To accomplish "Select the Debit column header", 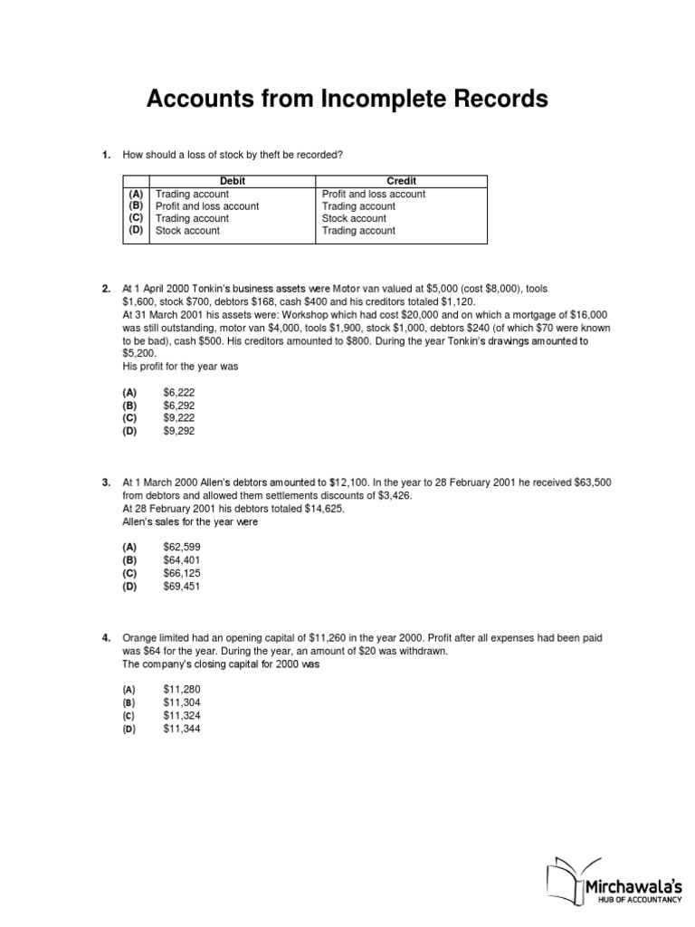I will tap(233, 181).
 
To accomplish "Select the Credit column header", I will tap(402, 181).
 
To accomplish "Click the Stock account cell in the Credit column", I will tap(354, 218).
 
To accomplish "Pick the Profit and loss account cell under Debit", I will tap(207, 206).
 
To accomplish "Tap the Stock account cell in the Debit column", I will tap(187, 231).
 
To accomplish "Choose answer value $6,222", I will tap(179, 393).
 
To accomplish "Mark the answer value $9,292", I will tap(179, 432).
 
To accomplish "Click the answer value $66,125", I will tap(182, 574).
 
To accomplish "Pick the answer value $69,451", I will tap(182, 587).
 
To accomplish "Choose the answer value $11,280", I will tap(182, 690).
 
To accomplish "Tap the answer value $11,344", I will tap(182, 728).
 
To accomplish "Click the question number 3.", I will tap(106, 483).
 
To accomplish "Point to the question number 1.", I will tap(106, 156).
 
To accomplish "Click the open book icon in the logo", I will tap(563, 878).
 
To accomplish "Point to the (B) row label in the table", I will tap(136, 206).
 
